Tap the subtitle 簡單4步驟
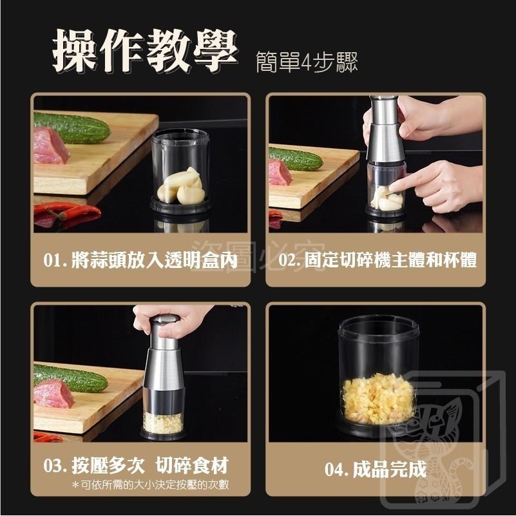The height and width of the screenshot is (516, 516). (306, 63)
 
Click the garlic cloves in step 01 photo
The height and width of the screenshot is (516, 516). (182, 186)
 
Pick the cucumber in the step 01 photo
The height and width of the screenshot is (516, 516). (72, 127)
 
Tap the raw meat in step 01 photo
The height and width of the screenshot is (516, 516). (50, 145)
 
